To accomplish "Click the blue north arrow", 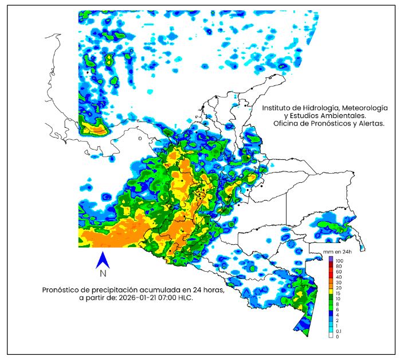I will (x=103, y=260).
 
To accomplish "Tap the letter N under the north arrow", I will (x=103, y=273).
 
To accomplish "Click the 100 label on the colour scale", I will (x=339, y=261).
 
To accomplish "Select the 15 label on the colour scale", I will (x=338, y=294).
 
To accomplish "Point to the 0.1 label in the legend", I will (x=339, y=331).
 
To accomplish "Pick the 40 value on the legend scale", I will (x=338, y=277).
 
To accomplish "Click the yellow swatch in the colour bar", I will (x=331, y=294).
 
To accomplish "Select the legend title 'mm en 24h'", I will (x=338, y=252).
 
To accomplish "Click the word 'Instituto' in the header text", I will (x=277, y=108).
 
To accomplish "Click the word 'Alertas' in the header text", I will (x=370, y=124).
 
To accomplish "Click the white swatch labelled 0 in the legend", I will (x=331, y=336).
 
